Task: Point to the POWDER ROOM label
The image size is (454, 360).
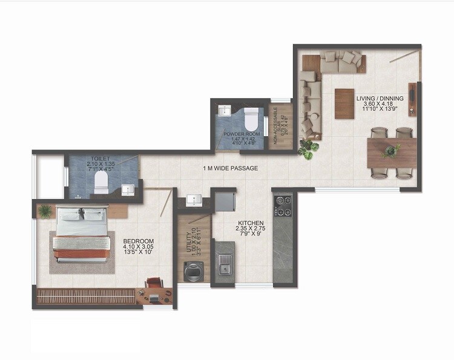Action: [x=240, y=133]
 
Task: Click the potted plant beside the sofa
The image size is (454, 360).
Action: [x=308, y=147]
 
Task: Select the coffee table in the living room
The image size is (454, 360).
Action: [x=344, y=103]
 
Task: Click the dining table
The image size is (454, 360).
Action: [x=391, y=151]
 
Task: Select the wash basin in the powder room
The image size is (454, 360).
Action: [x=224, y=111]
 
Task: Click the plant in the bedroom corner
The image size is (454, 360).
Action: [x=45, y=211]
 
